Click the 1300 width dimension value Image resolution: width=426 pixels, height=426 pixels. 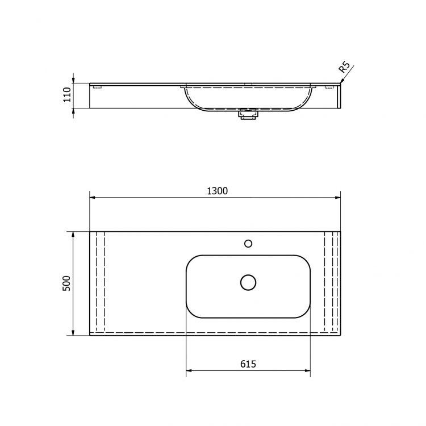tap(217, 191)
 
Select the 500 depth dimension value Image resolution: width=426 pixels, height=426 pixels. tap(66, 283)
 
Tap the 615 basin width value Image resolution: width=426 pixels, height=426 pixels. tap(248, 364)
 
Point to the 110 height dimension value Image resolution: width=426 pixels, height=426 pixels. tap(67, 95)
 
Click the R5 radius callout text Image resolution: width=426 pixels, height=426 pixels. tap(344, 68)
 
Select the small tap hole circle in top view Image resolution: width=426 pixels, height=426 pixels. tap(248, 244)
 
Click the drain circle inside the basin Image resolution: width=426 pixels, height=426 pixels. tap(248, 282)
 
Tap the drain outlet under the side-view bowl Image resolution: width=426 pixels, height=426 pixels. tap(248, 115)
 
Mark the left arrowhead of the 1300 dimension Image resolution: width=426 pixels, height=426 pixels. tap(93, 198)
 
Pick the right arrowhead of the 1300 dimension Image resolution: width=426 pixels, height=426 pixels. tap(337, 198)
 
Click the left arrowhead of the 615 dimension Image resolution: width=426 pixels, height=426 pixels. tap(190, 371)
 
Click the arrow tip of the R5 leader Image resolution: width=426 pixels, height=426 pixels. tap(341, 83)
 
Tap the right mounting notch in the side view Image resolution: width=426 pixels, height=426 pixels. tap(329, 87)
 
